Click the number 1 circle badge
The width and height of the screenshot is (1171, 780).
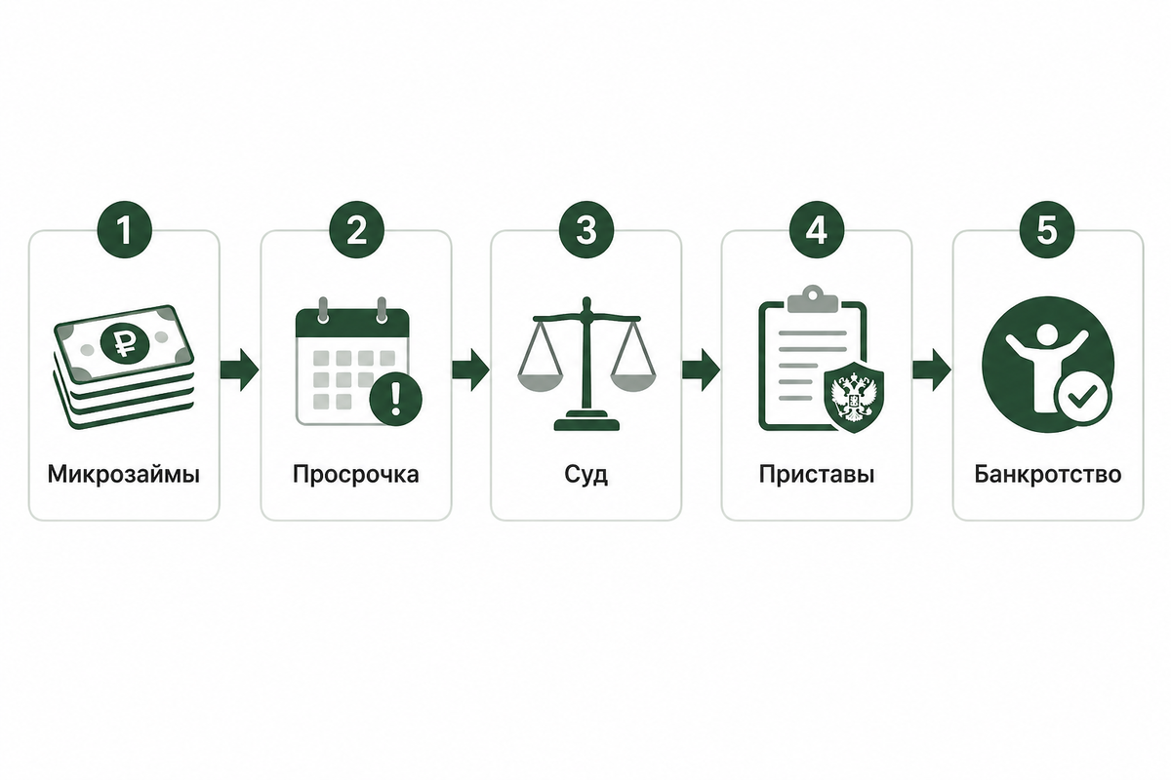125,229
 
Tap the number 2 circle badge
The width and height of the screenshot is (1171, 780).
356,229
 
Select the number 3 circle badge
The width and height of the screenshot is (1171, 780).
586,229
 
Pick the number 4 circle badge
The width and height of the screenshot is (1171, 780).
817,229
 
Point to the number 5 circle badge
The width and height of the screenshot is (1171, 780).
1047,229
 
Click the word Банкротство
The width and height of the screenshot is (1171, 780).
1048,475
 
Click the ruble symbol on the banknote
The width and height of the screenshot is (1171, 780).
125,343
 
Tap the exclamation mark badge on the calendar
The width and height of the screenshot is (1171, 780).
396,399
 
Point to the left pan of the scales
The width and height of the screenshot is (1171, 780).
540,383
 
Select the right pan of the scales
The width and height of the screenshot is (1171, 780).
633,383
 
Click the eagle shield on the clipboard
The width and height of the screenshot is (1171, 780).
854,397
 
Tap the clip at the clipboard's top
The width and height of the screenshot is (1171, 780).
812,298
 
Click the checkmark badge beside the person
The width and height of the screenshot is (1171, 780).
1082,399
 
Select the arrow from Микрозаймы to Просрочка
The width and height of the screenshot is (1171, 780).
239,370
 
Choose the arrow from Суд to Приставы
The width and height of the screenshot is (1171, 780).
701,370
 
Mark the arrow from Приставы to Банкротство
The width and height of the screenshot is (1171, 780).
932,370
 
